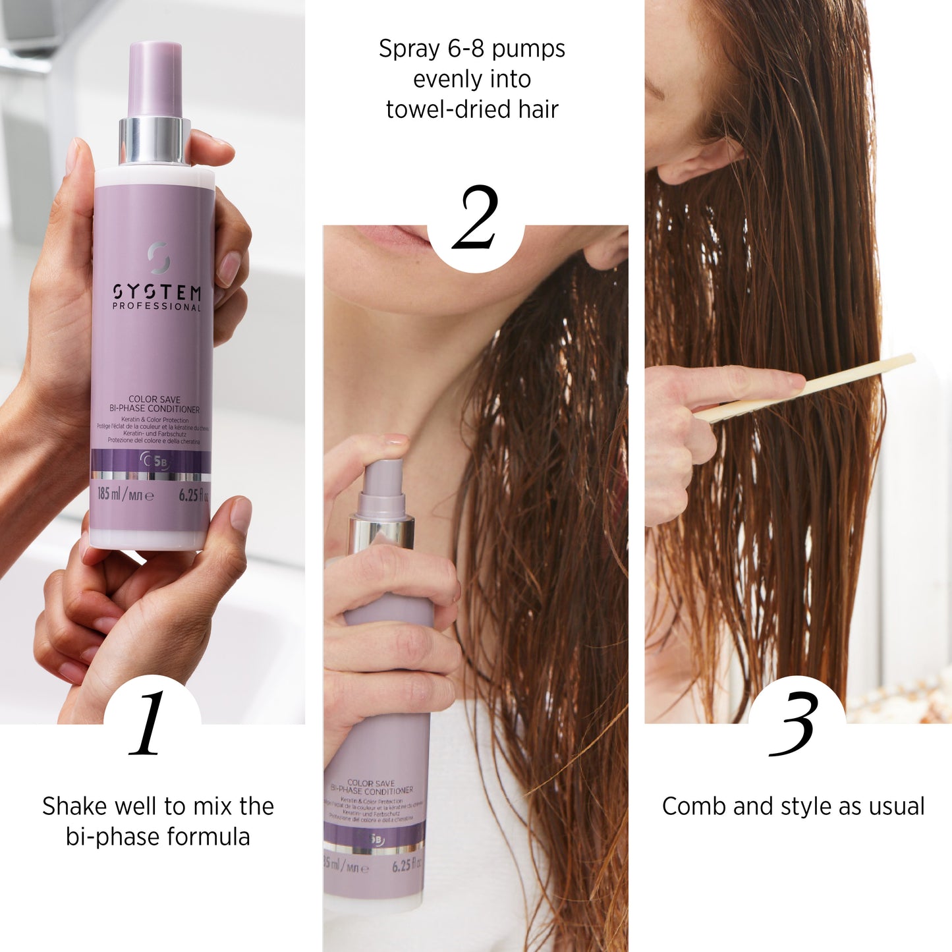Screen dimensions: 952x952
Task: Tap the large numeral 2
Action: click(475, 217)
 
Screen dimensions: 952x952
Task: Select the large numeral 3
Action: click(794, 724)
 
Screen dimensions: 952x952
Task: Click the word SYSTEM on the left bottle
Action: click(157, 292)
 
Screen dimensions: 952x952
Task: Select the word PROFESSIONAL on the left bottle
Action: click(157, 307)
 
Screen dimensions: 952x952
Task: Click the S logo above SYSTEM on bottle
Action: click(158, 258)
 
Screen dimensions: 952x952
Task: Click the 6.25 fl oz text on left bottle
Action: click(193, 495)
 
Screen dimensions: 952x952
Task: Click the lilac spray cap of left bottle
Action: click(155, 79)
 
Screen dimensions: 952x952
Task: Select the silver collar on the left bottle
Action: click(154, 141)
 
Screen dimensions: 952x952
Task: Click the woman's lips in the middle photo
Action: click(395, 235)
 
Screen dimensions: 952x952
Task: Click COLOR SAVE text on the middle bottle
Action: click(371, 783)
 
